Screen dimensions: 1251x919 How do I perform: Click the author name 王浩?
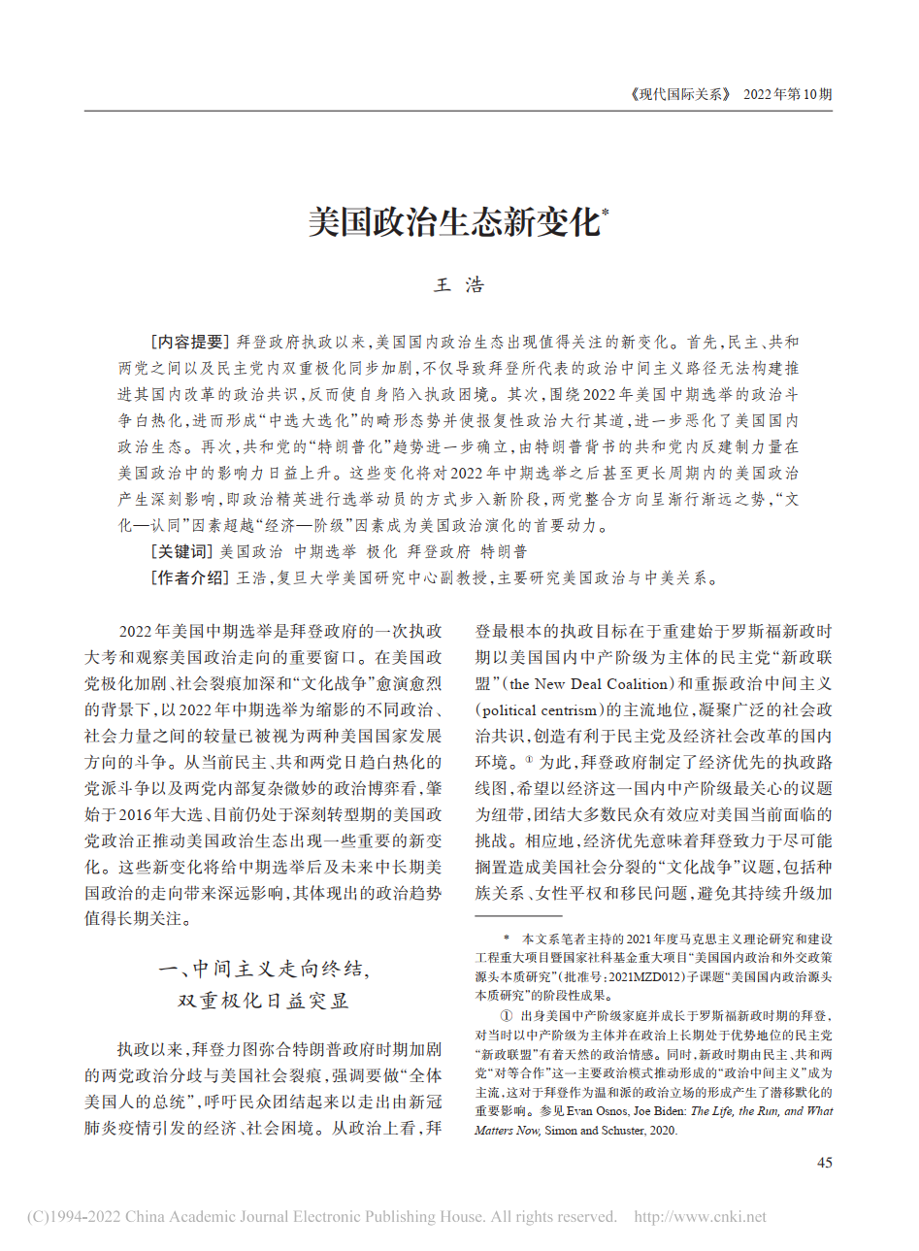coord(459,285)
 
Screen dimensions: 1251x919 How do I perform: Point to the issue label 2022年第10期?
coord(787,94)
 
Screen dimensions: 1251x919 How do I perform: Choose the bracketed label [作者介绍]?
coord(189,577)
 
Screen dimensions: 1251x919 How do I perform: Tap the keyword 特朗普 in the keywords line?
coord(505,551)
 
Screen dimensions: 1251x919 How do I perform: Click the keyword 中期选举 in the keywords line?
coord(325,551)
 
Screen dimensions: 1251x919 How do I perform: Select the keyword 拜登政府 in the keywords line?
coord(439,551)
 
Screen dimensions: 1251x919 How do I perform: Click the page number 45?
coord(824,1163)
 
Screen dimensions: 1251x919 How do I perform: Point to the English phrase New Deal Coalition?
coord(601,683)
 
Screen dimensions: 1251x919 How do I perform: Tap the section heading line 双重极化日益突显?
coord(263,1000)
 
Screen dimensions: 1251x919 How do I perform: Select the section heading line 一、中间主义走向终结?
coord(263,969)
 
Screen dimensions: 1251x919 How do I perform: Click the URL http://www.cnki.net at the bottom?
coord(700,1217)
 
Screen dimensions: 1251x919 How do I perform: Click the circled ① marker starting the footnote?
coord(506,1016)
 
